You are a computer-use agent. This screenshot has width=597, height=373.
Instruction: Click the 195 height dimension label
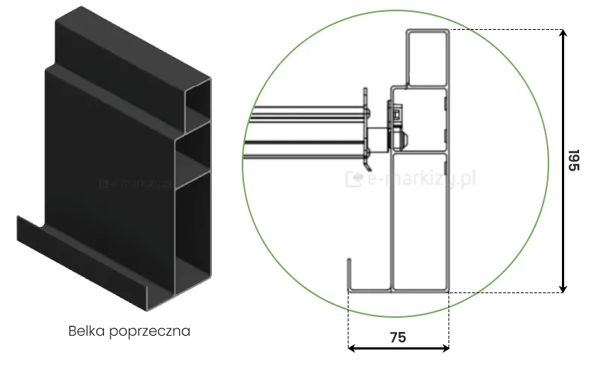coord(573,160)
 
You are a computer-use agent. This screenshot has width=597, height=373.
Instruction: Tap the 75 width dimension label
coord(398,337)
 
